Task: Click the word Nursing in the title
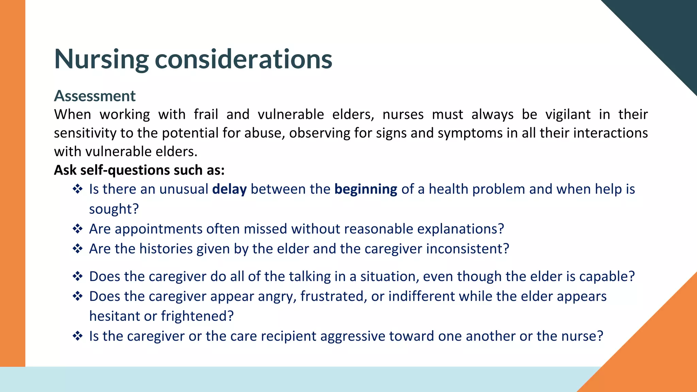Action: pyautogui.click(x=101, y=60)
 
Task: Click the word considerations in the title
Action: pyautogui.click(x=243, y=60)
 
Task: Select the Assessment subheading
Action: pyautogui.click(x=95, y=96)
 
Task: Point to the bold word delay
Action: pyautogui.click(x=229, y=189)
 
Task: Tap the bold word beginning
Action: pyautogui.click(x=366, y=189)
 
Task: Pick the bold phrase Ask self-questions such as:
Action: pyautogui.click(x=139, y=170)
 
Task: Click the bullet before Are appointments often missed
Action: pyautogui.click(x=78, y=229)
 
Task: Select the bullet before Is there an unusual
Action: pyautogui.click(x=78, y=189)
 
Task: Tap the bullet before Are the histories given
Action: pyautogui.click(x=78, y=249)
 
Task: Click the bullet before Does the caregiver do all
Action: pyautogui.click(x=78, y=276)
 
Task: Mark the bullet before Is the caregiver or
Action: pyautogui.click(x=78, y=336)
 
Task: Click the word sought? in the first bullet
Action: pyautogui.click(x=114, y=209)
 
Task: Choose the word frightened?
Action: pyautogui.click(x=197, y=316)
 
